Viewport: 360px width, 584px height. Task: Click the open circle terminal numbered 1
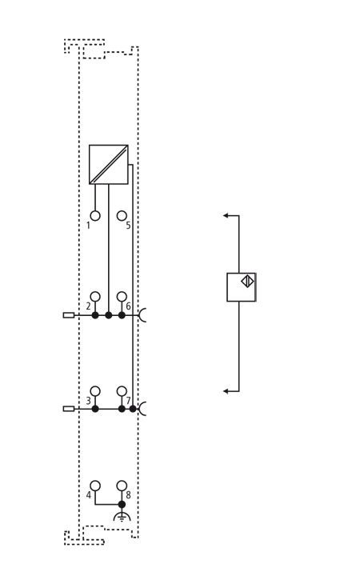pyautogui.click(x=95, y=216)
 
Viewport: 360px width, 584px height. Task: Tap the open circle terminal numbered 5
pyautogui.click(x=122, y=216)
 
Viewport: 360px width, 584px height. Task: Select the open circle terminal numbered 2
pyautogui.click(x=95, y=297)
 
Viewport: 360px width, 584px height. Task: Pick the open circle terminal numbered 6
pyautogui.click(x=122, y=297)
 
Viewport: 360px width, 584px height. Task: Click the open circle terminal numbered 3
pyautogui.click(x=95, y=391)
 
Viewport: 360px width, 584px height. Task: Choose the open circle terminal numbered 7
pyautogui.click(x=122, y=391)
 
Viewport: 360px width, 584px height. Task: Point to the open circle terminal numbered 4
pyautogui.click(x=95, y=486)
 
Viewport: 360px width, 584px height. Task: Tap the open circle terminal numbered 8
pyautogui.click(x=122, y=486)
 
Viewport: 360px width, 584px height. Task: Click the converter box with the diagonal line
pyautogui.click(x=109, y=164)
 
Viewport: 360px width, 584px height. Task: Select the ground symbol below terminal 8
pyautogui.click(x=122, y=516)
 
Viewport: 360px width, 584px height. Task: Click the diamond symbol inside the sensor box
pyautogui.click(x=247, y=281)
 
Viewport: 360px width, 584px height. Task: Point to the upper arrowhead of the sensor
pyautogui.click(x=226, y=215)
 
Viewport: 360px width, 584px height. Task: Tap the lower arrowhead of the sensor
pyautogui.click(x=226, y=391)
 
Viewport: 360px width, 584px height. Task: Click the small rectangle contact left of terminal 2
pyautogui.click(x=69, y=315)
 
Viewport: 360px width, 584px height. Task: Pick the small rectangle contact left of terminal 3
pyautogui.click(x=69, y=409)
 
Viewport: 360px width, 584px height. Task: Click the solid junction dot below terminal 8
pyautogui.click(x=122, y=504)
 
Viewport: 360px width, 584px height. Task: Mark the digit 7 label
pyautogui.click(x=129, y=401)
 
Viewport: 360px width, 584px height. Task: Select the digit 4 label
pyautogui.click(x=89, y=495)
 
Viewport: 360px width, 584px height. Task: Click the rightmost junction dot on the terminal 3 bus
pyautogui.click(x=133, y=409)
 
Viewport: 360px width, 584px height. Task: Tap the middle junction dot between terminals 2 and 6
pyautogui.click(x=109, y=315)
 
